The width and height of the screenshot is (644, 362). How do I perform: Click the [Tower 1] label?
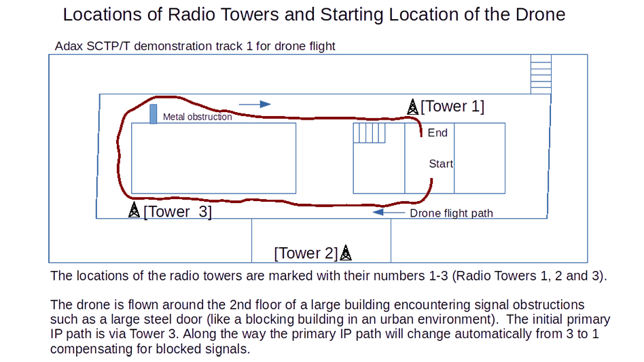pos(452,107)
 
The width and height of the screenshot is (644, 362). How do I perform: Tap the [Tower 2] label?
pos(305,253)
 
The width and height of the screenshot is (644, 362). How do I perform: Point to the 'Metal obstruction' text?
pos(197,117)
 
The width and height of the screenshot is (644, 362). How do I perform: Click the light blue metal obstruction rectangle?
pos(153,113)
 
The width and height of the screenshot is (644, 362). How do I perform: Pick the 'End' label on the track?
pos(437,133)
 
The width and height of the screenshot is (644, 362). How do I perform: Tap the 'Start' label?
pos(441,164)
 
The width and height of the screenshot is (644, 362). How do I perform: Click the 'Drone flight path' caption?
pos(451,213)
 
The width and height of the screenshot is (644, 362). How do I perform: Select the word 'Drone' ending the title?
pos(537,14)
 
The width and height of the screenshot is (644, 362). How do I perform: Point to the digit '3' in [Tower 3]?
pos(203,211)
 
